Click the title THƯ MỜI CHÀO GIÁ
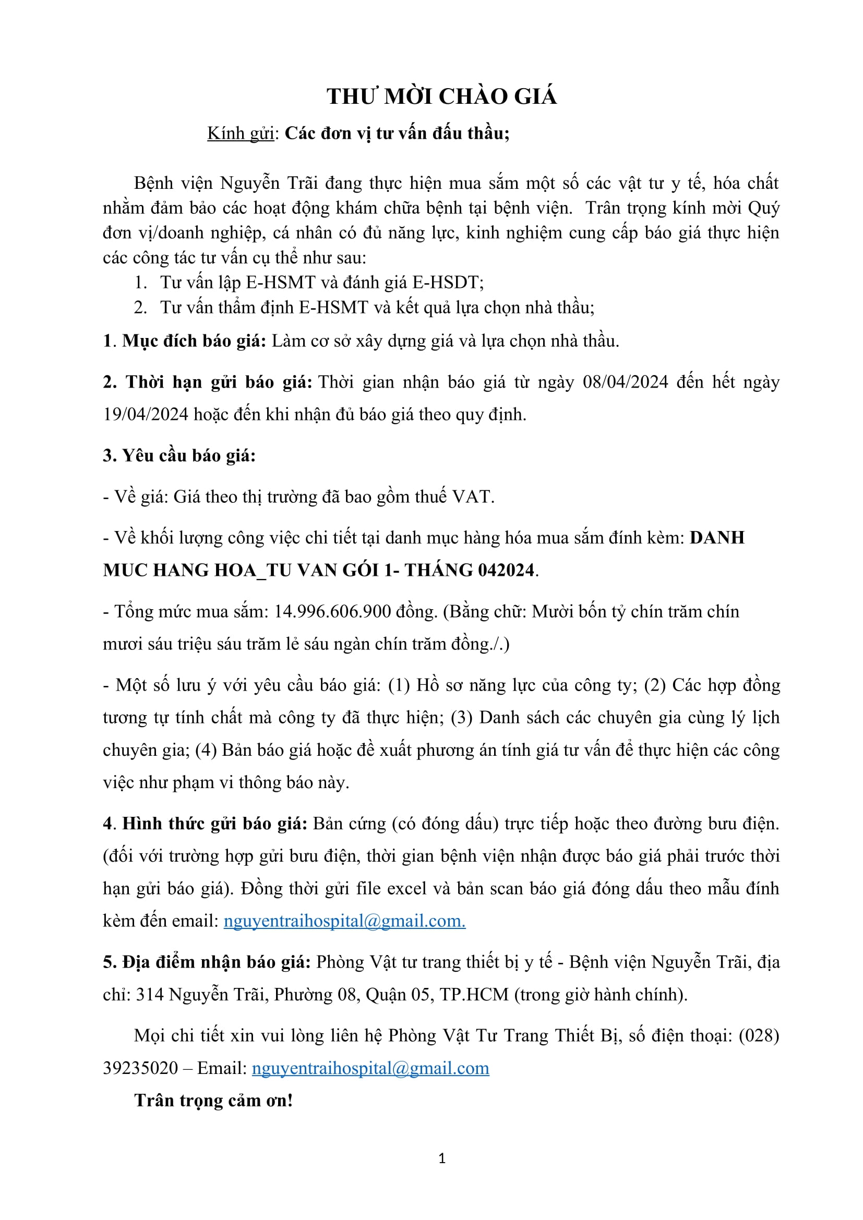coord(441,96)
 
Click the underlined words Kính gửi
coord(240,133)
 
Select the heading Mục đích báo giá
coord(194,341)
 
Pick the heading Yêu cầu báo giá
coord(189,455)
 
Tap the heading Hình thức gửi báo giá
coord(214,823)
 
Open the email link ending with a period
coord(344,921)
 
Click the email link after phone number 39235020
coord(370,1068)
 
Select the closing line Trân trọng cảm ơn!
coord(213,1101)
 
